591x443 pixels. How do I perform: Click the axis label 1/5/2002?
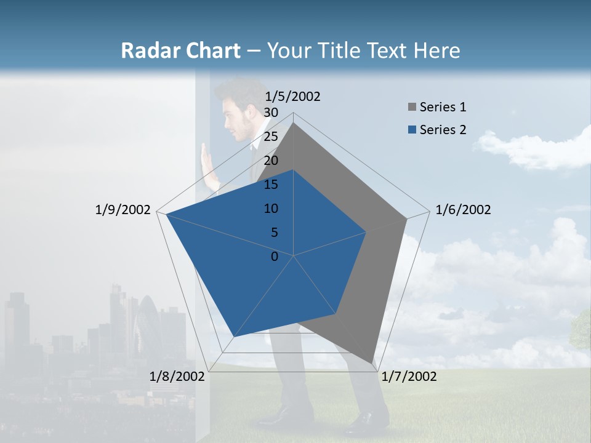tap(292, 97)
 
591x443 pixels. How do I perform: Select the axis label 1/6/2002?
tap(463, 210)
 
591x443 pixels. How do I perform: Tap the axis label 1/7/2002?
tap(409, 377)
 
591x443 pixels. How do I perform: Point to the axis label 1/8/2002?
tap(177, 377)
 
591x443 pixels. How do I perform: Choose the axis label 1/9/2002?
tap(123, 210)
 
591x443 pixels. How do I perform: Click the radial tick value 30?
tap(271, 113)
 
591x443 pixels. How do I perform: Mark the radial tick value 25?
tap(271, 137)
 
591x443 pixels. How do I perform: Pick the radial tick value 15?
tap(271, 185)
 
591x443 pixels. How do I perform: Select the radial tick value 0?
tap(275, 257)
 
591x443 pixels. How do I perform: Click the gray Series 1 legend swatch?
tap(412, 108)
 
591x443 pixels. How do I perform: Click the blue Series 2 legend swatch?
tap(412, 130)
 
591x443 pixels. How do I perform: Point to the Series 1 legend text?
tap(443, 107)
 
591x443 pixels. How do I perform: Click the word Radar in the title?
tap(148, 50)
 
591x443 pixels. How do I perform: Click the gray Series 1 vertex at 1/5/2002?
tap(293, 123)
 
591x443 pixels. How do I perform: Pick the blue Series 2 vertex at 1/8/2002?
tap(233, 337)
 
